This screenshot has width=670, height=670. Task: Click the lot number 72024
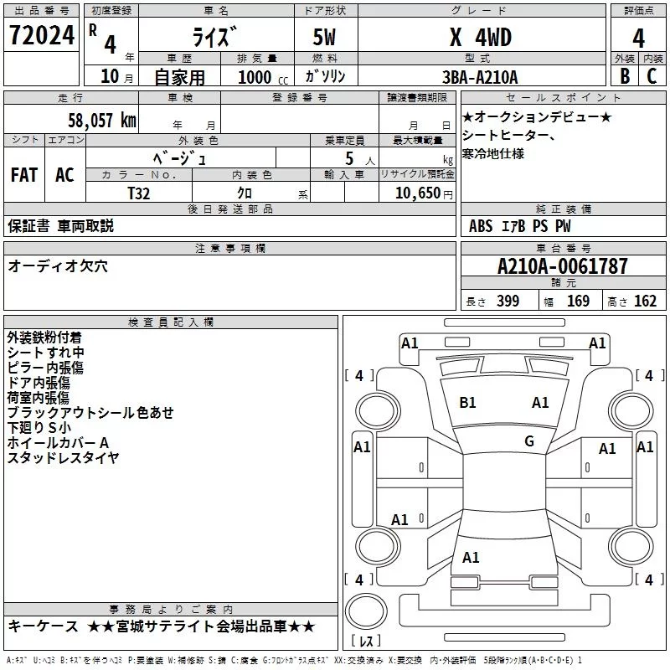42,35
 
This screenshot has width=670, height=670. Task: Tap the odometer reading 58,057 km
102,121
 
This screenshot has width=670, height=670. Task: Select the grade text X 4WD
481,37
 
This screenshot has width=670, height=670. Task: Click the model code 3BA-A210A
480,77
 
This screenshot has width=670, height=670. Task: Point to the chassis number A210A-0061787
563,266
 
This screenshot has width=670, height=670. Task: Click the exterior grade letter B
625,76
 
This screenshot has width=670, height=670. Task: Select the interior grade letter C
652,76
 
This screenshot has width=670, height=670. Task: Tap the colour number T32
139,193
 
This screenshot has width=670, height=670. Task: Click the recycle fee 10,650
418,193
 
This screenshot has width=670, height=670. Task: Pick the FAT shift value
24,175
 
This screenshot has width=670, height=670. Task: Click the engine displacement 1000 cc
263,77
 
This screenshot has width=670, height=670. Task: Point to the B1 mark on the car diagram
467,403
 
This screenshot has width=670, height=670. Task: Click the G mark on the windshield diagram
529,441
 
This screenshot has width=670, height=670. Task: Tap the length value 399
508,301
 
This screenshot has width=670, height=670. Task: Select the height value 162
645,301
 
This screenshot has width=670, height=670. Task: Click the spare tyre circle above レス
366,611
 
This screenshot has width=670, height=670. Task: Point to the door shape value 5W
324,37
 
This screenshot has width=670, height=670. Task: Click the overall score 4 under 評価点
638,39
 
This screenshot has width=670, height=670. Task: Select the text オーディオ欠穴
58,266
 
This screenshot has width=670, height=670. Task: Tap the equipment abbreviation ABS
481,226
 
